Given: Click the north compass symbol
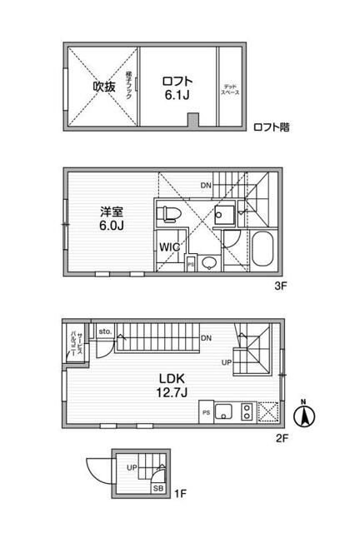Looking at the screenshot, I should point(306,414).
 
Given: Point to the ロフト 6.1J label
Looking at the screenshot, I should point(177,87).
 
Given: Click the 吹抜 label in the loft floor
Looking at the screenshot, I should point(103,87).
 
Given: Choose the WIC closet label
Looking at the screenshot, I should point(169,247).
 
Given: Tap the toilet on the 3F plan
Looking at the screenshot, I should point(170,213).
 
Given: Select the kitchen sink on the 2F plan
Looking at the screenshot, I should point(223,412).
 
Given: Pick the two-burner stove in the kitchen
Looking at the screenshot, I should point(247,412).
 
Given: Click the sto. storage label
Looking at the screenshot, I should point(105,331).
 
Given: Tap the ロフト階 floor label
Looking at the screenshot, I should point(272,127).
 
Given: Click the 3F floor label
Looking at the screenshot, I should point(279,285).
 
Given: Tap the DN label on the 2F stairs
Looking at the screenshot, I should point(206,337).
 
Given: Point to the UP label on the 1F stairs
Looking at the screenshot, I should point(131,468).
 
